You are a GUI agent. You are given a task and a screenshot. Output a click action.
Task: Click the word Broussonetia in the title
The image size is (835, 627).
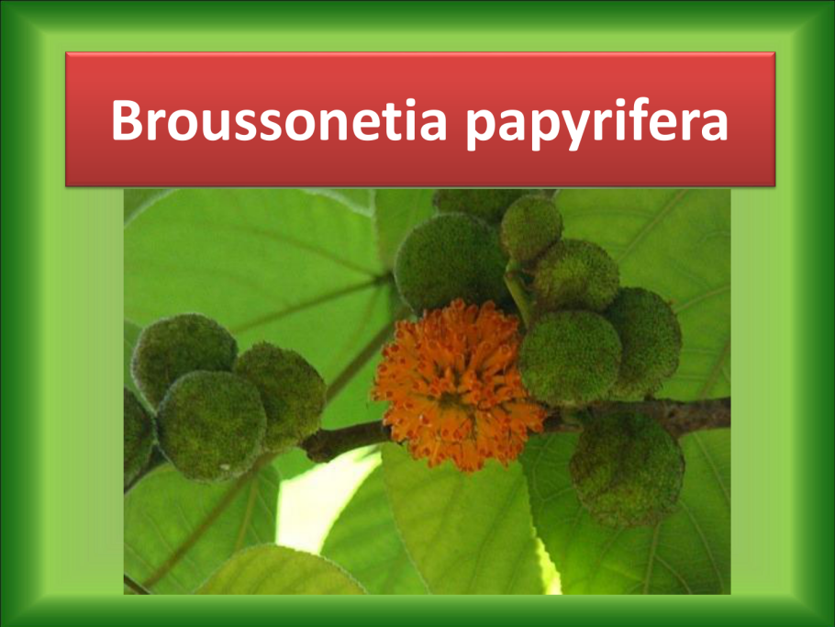(280, 119)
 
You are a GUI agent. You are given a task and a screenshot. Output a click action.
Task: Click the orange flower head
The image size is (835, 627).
(459, 385)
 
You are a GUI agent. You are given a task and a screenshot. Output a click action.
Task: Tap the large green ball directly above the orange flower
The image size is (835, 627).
(451, 261)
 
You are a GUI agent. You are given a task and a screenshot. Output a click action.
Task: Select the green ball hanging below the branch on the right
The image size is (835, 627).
(627, 469)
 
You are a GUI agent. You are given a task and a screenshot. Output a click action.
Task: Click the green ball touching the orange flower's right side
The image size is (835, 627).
(570, 357)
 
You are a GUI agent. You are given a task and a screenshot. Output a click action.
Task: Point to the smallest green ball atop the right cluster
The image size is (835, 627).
(530, 228)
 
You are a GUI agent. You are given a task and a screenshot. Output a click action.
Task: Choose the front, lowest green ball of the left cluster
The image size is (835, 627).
(211, 425)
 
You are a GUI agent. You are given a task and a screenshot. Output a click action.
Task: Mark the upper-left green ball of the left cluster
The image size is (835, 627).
(184, 356)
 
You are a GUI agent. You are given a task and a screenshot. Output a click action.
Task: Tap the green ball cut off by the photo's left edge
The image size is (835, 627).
(138, 435)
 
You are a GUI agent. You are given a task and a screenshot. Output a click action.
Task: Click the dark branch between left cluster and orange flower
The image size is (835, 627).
(344, 440)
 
